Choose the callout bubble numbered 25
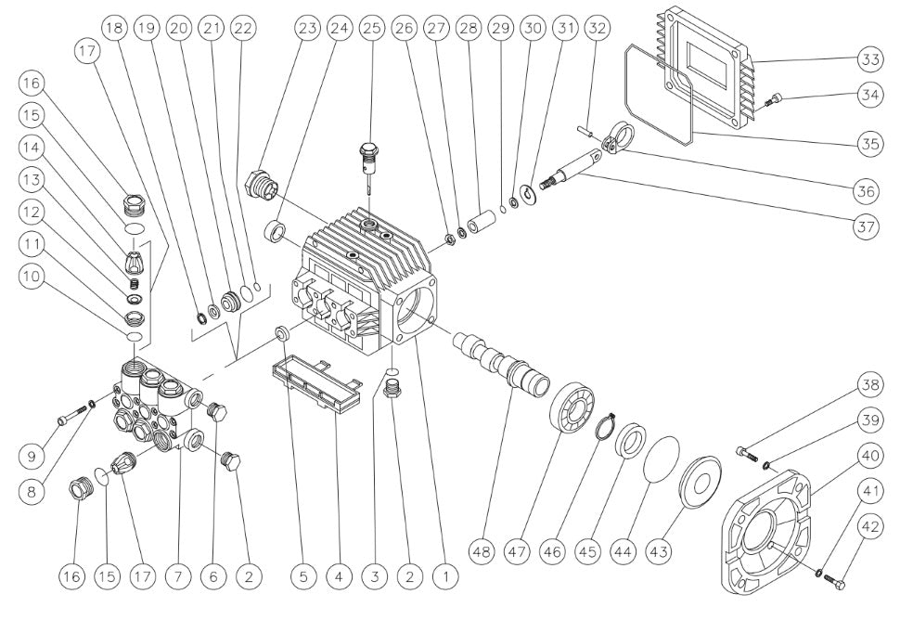coord(371,28)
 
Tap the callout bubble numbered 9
coord(33,455)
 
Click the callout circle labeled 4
coord(338,575)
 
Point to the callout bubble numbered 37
coord(866,227)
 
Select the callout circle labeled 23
coord(307,28)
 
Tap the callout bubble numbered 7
coord(179,575)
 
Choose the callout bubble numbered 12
coord(33,213)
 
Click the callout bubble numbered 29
coord(501,28)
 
